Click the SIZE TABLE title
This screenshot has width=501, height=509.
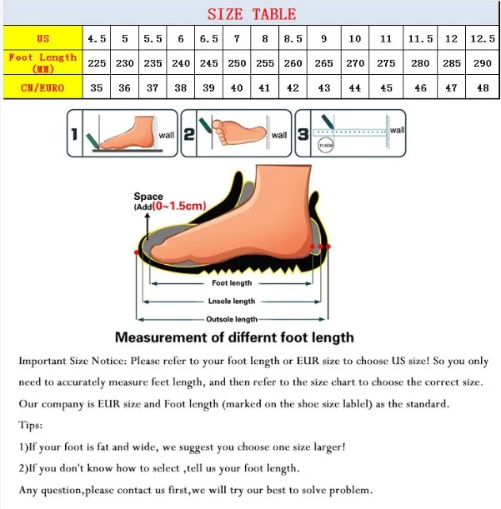pyautogui.click(x=251, y=13)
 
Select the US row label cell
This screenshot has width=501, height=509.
pyautogui.click(x=43, y=38)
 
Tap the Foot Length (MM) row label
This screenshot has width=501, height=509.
pyautogui.click(x=43, y=62)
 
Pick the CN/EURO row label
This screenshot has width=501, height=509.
pyautogui.click(x=43, y=87)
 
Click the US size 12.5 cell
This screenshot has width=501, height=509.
pyautogui.click(x=481, y=38)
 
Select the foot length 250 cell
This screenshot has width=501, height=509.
pyautogui.click(x=237, y=63)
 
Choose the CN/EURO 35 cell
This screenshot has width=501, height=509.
pyautogui.click(x=97, y=87)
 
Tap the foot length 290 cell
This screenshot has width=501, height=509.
pyautogui.click(x=481, y=63)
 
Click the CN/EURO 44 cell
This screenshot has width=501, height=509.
pyautogui.click(x=355, y=87)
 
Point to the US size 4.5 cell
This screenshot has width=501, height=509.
pyautogui.click(x=97, y=38)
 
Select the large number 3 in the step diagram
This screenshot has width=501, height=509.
pyautogui.click(x=303, y=134)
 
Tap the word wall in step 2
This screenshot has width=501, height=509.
pyautogui.click(x=278, y=135)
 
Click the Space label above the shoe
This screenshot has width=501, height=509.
pyautogui.click(x=148, y=197)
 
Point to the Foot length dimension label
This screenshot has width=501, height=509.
pyautogui.click(x=231, y=283)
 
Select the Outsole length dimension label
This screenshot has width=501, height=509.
pyautogui.click(x=232, y=319)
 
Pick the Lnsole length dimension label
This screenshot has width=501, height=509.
pyautogui.click(x=232, y=302)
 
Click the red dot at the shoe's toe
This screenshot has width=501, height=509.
pyautogui.click(x=136, y=252)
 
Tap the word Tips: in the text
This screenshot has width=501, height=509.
pyautogui.click(x=31, y=425)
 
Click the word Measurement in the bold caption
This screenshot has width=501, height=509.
pyautogui.click(x=161, y=338)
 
